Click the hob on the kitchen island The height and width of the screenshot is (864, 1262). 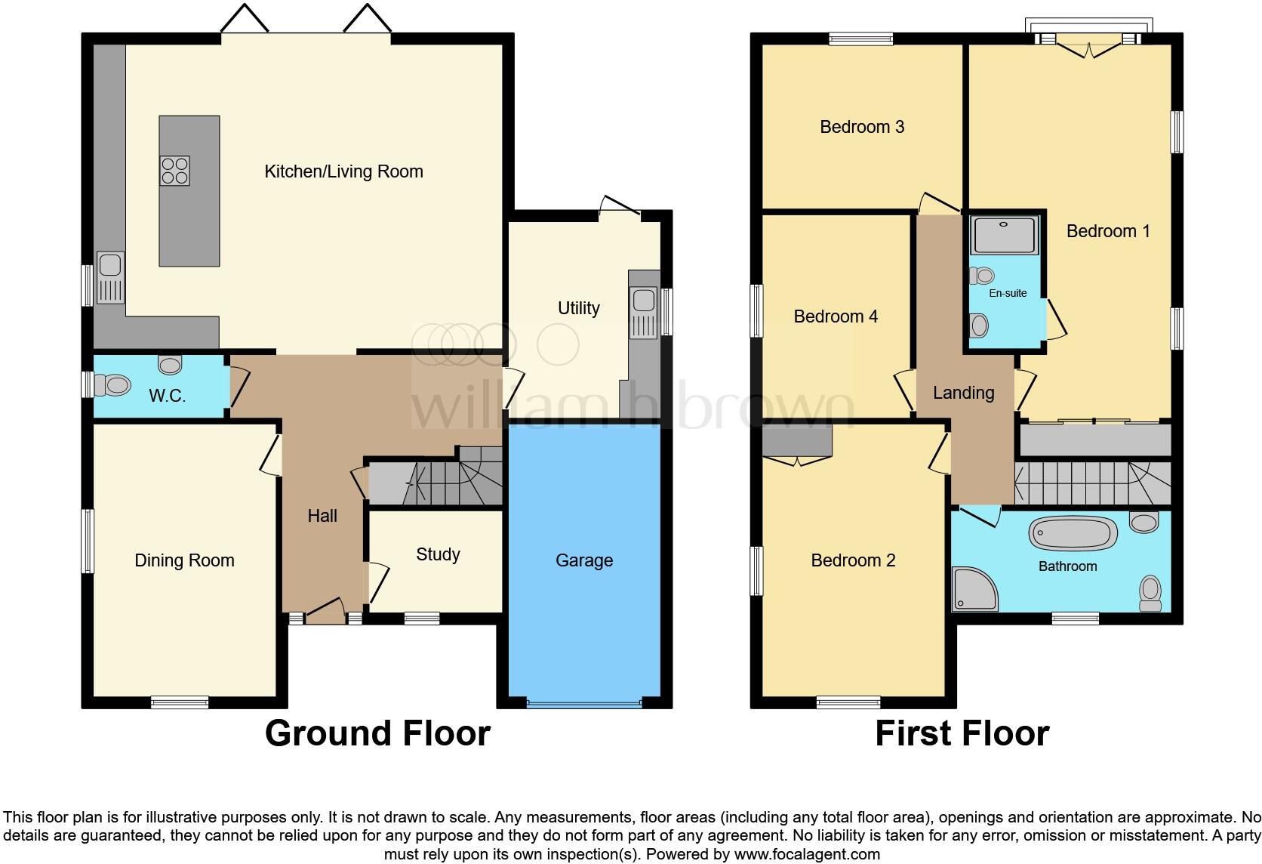tap(174, 171)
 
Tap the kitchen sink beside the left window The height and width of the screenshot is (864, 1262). tap(110, 277)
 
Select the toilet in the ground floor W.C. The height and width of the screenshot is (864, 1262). tap(114, 386)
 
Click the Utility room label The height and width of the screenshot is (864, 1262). tap(578, 308)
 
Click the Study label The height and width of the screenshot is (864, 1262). tap(438, 554)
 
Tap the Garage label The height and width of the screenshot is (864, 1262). tap(584, 560)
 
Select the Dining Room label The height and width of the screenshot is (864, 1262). tap(184, 560)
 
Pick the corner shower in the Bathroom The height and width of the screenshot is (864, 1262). tap(974, 590)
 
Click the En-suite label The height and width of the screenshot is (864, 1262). tap(1008, 293)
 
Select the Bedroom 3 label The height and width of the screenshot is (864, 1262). tap(862, 127)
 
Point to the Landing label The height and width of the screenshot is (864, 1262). tap(963, 393)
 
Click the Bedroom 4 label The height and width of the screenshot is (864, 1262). tap(836, 316)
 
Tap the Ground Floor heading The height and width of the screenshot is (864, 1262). tap(377, 733)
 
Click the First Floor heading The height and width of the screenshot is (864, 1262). tap(962, 733)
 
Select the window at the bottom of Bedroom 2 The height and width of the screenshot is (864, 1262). tap(848, 702)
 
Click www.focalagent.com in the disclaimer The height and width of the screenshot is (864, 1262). tap(806, 855)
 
